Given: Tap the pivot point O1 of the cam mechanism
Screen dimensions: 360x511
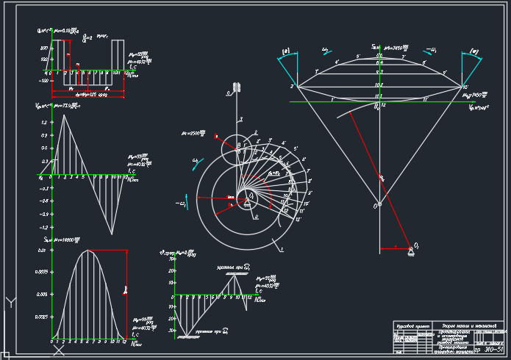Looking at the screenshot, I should tap(250, 195).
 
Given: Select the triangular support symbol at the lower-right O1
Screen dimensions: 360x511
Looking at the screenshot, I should tap(410, 252).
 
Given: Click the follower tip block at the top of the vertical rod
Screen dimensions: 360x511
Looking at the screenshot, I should tap(236, 90).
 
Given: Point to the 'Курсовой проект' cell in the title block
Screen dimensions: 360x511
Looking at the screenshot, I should tap(412, 325).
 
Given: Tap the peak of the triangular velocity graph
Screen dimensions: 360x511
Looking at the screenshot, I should tap(64, 115).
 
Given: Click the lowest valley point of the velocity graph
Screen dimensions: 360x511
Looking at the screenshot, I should tap(112, 234).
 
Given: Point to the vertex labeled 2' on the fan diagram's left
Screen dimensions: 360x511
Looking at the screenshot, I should tap(293, 87).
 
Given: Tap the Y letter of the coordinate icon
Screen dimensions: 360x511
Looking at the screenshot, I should tap(10, 302).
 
